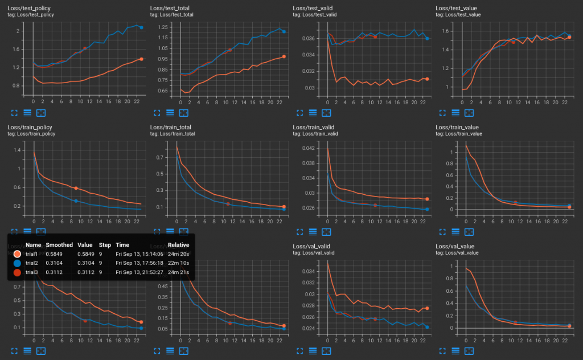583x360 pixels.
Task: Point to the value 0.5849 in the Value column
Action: tap(87, 254)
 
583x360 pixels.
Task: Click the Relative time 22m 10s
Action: tap(178, 263)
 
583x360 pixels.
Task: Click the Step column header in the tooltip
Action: tap(104, 244)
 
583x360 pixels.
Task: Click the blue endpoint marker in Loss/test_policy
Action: tap(141, 27)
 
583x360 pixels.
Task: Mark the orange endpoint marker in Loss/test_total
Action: tap(284, 56)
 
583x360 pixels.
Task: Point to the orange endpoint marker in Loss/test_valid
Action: tap(426, 79)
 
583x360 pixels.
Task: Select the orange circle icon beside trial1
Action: tap(17, 254)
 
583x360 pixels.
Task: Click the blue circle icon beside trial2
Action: tap(17, 263)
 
